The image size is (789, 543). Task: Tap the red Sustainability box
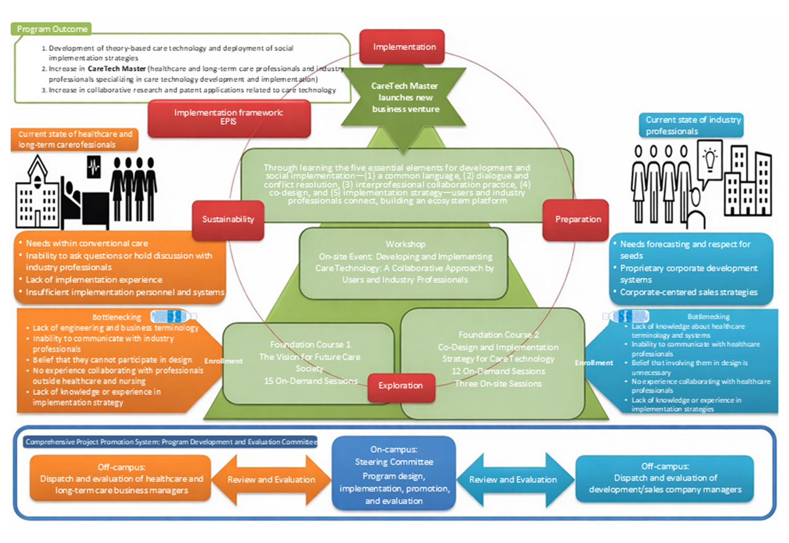point(228,219)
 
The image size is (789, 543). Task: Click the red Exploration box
point(401,386)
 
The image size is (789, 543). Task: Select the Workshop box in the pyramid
point(404,262)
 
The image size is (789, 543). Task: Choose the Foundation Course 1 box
point(308,363)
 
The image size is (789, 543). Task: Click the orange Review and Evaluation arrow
point(271,479)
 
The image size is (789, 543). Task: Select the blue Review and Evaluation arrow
point(513,479)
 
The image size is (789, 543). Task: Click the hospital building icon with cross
point(38,188)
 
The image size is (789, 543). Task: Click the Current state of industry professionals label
point(693,125)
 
